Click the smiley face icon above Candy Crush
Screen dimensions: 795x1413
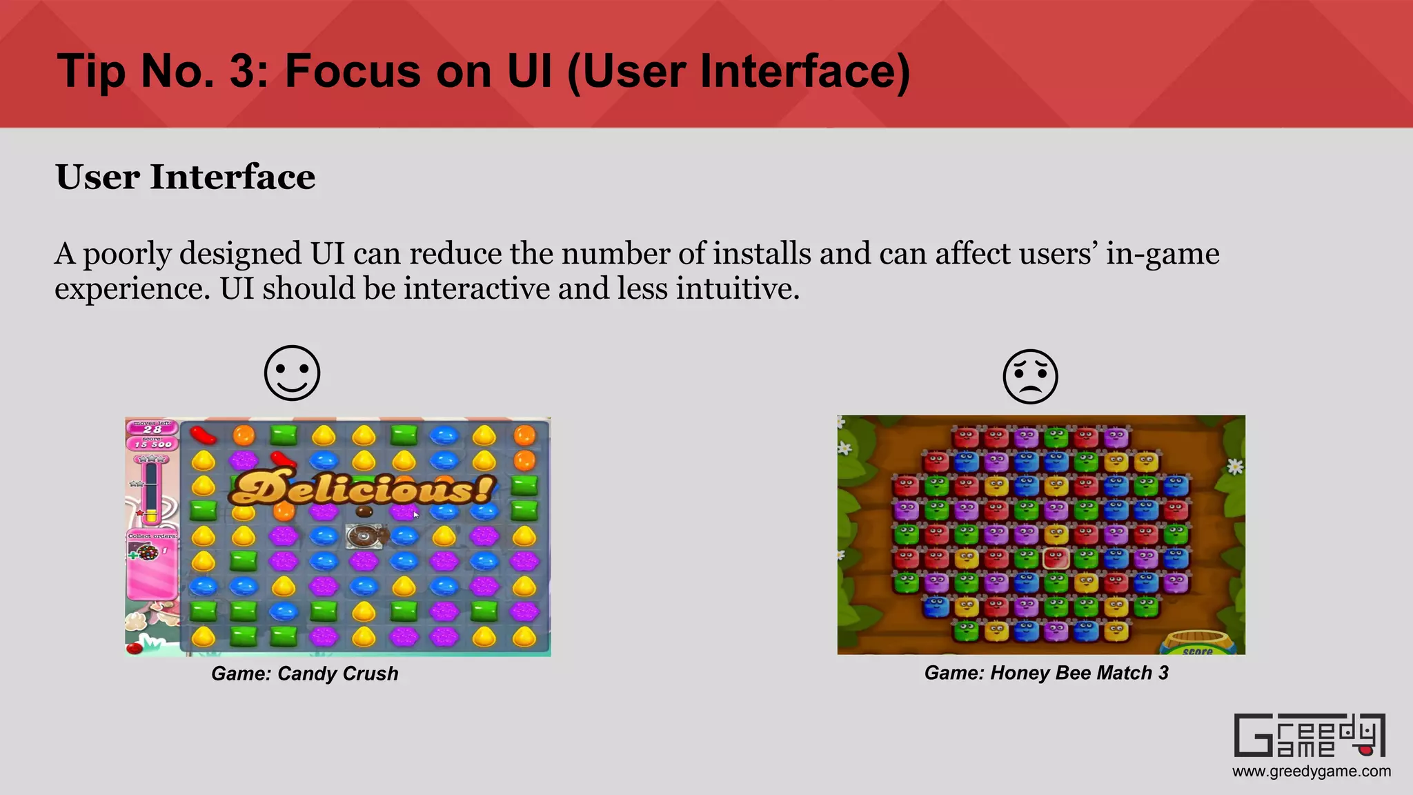[293, 373]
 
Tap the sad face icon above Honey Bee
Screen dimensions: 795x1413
[1030, 376]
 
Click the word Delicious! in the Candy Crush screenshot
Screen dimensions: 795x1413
[362, 489]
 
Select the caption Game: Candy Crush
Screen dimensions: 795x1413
[304, 674]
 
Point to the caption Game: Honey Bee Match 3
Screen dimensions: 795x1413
[1046, 673]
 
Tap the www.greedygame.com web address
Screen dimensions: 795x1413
[1312, 772]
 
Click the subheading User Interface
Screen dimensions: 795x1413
[185, 177]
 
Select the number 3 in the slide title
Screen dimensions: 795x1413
[242, 71]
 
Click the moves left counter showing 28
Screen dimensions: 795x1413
[152, 429]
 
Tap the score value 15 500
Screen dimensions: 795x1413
[152, 444]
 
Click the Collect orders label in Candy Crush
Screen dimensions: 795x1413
[152, 536]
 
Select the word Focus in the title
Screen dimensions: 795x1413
[352, 71]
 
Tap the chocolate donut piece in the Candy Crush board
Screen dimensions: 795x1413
[364, 536]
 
